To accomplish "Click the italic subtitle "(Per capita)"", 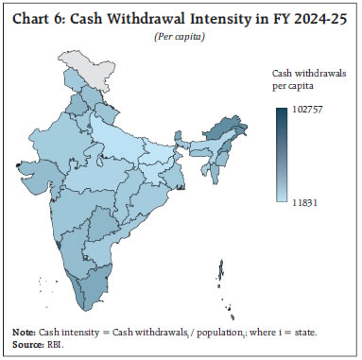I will click(181, 35).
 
